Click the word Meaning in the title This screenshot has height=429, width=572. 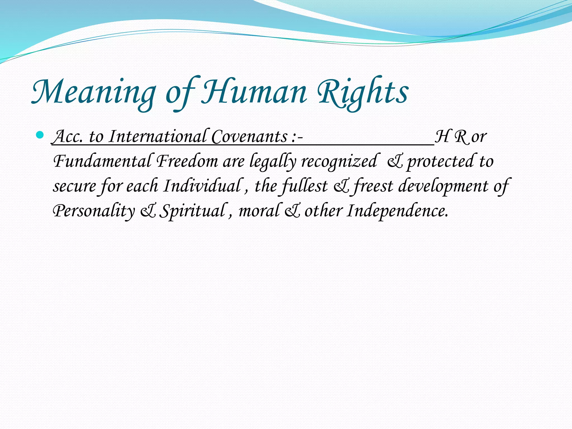click(x=94, y=92)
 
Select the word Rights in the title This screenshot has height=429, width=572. click(x=363, y=92)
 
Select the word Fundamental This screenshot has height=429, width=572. click(x=102, y=161)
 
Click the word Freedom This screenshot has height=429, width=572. click(x=187, y=161)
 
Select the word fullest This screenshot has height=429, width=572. click(x=304, y=186)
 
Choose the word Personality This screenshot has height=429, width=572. click(x=94, y=211)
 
